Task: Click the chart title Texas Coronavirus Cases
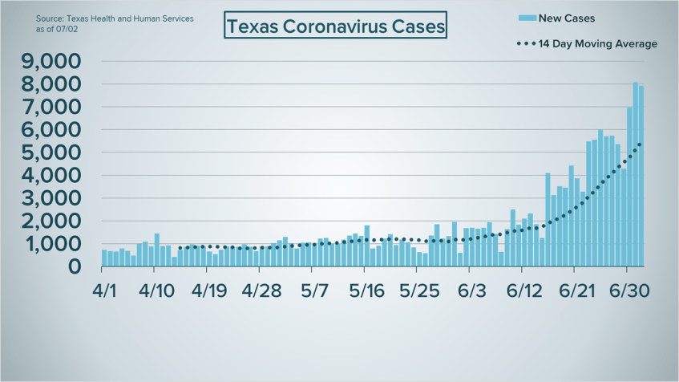[334, 26]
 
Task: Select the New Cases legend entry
[567, 18]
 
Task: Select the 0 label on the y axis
[74, 266]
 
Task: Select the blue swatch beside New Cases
[526, 18]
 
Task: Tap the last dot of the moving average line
[639, 144]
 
